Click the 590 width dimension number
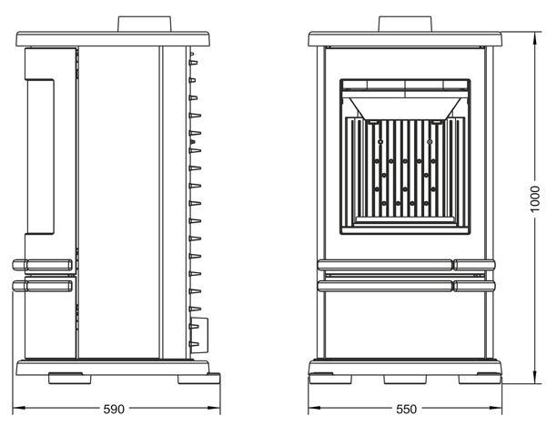(x=114, y=410)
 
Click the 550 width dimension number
(x=406, y=410)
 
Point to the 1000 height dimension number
(x=534, y=199)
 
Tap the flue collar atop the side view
(x=145, y=24)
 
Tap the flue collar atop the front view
(x=405, y=24)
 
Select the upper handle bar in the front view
(x=406, y=265)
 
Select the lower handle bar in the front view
(x=406, y=286)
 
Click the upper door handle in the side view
(x=42, y=265)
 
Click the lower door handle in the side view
(x=42, y=286)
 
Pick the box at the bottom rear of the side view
(x=199, y=335)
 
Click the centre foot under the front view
(x=405, y=379)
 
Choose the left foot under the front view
(x=330, y=379)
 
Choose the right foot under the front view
(x=480, y=379)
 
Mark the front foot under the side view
(x=69, y=379)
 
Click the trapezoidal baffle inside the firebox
(x=405, y=108)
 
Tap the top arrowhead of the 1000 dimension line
(x=535, y=35)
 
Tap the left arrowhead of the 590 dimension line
(x=18, y=408)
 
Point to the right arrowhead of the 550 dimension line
(x=496, y=408)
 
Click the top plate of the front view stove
(x=405, y=39)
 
